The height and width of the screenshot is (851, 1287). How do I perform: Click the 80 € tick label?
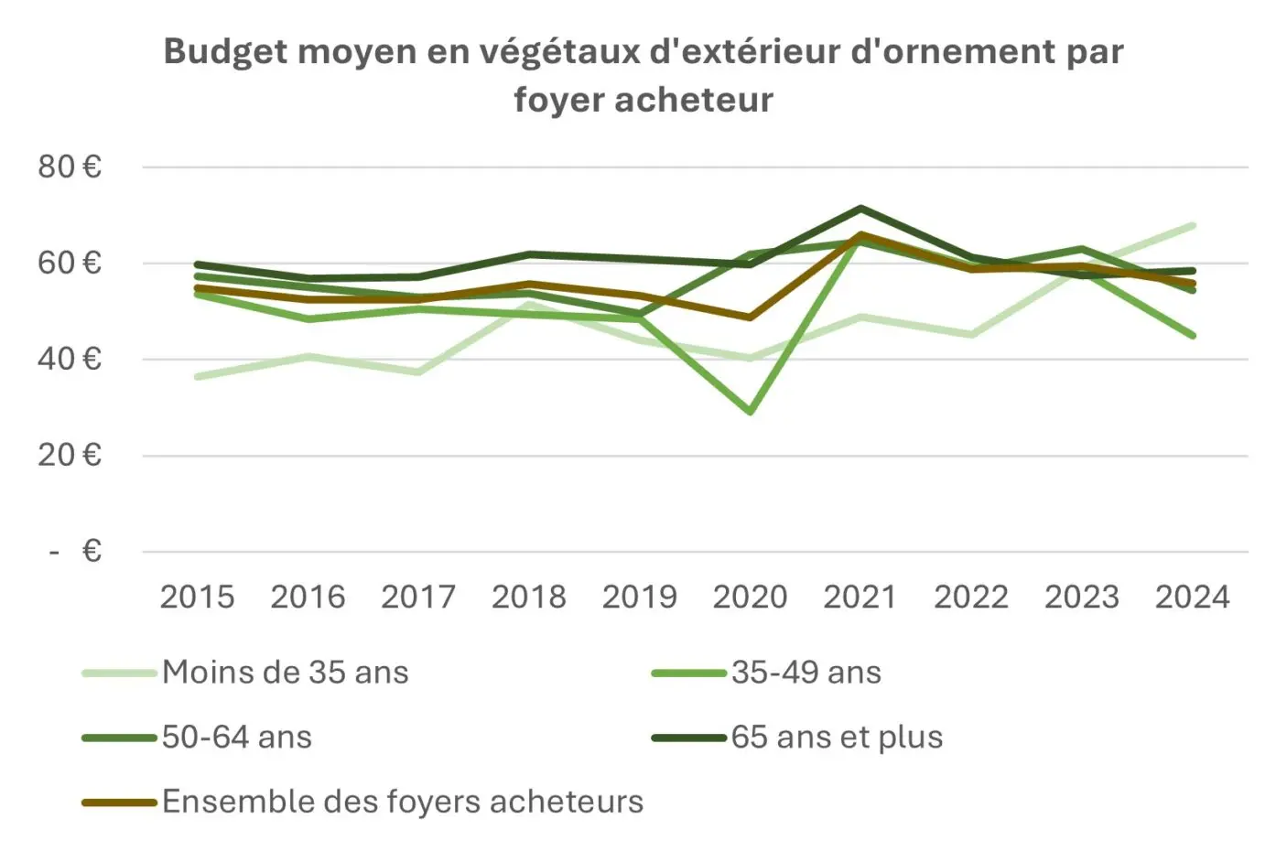coord(70,167)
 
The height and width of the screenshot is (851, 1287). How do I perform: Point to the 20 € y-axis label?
coord(70,455)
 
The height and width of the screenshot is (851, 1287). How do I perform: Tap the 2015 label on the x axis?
coord(197,597)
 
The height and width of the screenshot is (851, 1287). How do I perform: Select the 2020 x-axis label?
coord(750,597)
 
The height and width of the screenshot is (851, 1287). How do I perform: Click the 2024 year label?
coord(1192,597)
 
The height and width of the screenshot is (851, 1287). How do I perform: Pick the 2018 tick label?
coord(528,597)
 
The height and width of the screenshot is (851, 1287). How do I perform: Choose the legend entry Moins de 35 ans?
coord(285,673)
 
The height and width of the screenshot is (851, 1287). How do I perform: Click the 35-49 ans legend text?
coord(806,673)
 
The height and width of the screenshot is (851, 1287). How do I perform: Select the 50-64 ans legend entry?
coord(237,738)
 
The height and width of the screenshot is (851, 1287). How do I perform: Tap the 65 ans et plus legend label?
coord(837,738)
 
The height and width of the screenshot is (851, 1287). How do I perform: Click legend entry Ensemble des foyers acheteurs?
coord(403,802)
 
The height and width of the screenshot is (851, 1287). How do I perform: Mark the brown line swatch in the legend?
coord(119,803)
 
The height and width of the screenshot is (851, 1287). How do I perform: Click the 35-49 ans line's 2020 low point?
coord(751,412)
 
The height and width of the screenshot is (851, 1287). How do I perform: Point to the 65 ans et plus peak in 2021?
coord(860,209)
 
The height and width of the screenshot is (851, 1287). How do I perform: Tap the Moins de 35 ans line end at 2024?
coord(1192,225)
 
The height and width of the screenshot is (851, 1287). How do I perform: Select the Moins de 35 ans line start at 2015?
coord(198,376)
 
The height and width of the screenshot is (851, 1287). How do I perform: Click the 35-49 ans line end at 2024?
coord(1192,335)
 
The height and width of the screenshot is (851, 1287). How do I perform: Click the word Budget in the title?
coord(223,51)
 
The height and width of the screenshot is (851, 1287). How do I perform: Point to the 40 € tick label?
coord(70,359)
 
